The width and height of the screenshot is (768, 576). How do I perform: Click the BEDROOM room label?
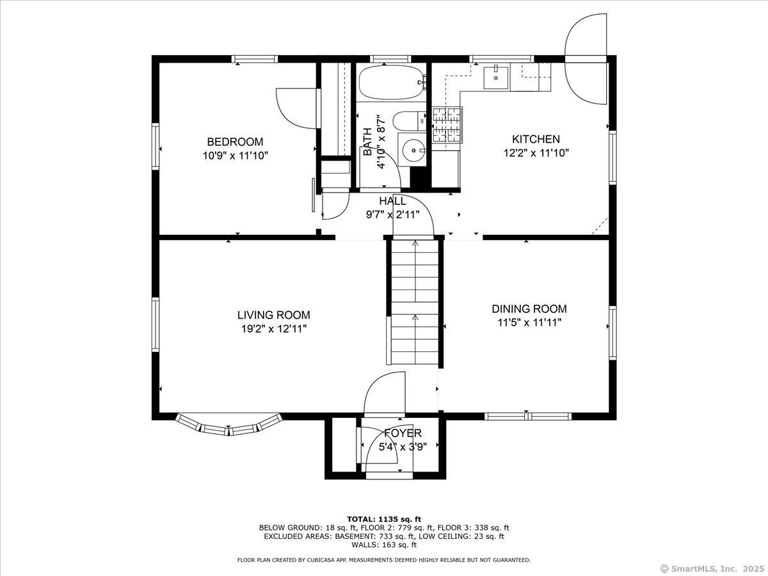[235, 141]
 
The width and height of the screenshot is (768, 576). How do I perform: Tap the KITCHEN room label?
[536, 139]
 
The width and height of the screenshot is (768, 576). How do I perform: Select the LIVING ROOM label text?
[274, 315]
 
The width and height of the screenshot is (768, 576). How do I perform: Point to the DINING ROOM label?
[529, 309]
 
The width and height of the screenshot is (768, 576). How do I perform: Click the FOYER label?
[403, 433]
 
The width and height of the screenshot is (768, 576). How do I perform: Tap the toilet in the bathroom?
[409, 121]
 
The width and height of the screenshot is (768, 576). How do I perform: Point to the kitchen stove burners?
[447, 125]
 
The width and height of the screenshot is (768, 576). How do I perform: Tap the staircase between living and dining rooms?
[415, 303]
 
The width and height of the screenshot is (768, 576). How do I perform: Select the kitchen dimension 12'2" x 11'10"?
[536, 153]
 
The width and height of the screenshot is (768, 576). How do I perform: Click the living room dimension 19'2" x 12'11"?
[274, 329]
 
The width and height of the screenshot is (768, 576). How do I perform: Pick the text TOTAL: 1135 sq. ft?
[384, 519]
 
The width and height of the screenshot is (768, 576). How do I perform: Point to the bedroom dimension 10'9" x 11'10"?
[235, 156]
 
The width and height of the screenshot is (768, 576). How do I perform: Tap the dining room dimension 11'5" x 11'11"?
[529, 323]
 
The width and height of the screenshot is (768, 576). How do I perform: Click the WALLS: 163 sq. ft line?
[384, 545]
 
